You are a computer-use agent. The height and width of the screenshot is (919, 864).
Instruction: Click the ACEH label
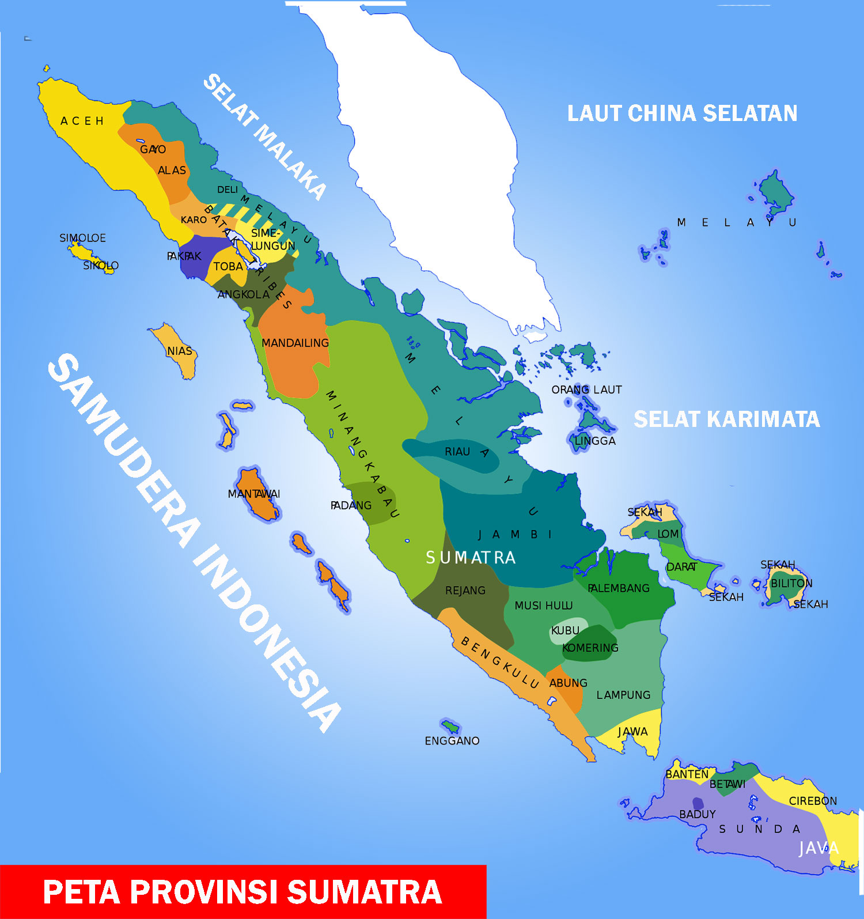click(82, 121)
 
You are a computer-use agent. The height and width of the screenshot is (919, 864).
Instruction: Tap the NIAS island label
click(179, 351)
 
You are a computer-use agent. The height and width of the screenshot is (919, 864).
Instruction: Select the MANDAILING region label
click(295, 343)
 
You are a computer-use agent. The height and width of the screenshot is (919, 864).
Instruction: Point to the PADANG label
click(351, 505)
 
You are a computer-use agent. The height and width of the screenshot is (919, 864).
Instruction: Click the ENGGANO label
click(452, 740)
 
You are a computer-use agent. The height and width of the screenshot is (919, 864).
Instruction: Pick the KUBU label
click(565, 630)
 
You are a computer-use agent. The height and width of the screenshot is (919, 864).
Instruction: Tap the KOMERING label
click(590, 648)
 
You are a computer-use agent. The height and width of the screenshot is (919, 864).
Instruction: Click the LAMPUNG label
click(623, 695)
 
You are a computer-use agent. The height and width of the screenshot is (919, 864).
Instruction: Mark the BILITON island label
click(791, 583)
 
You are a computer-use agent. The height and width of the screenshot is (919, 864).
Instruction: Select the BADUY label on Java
click(697, 814)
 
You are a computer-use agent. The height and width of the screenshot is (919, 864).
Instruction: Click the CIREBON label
click(813, 801)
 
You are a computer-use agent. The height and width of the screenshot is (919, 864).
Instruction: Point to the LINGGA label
click(595, 441)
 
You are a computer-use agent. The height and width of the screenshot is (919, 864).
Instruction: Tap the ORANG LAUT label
click(586, 389)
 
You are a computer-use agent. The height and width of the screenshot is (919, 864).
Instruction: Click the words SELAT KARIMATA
click(726, 419)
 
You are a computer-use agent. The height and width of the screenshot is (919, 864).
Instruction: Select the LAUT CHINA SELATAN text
click(682, 113)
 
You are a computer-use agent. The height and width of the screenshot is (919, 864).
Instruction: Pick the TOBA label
click(228, 266)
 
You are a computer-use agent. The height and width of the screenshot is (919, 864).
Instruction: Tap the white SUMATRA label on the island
click(471, 557)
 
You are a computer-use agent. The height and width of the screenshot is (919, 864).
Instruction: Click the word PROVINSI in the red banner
click(205, 891)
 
